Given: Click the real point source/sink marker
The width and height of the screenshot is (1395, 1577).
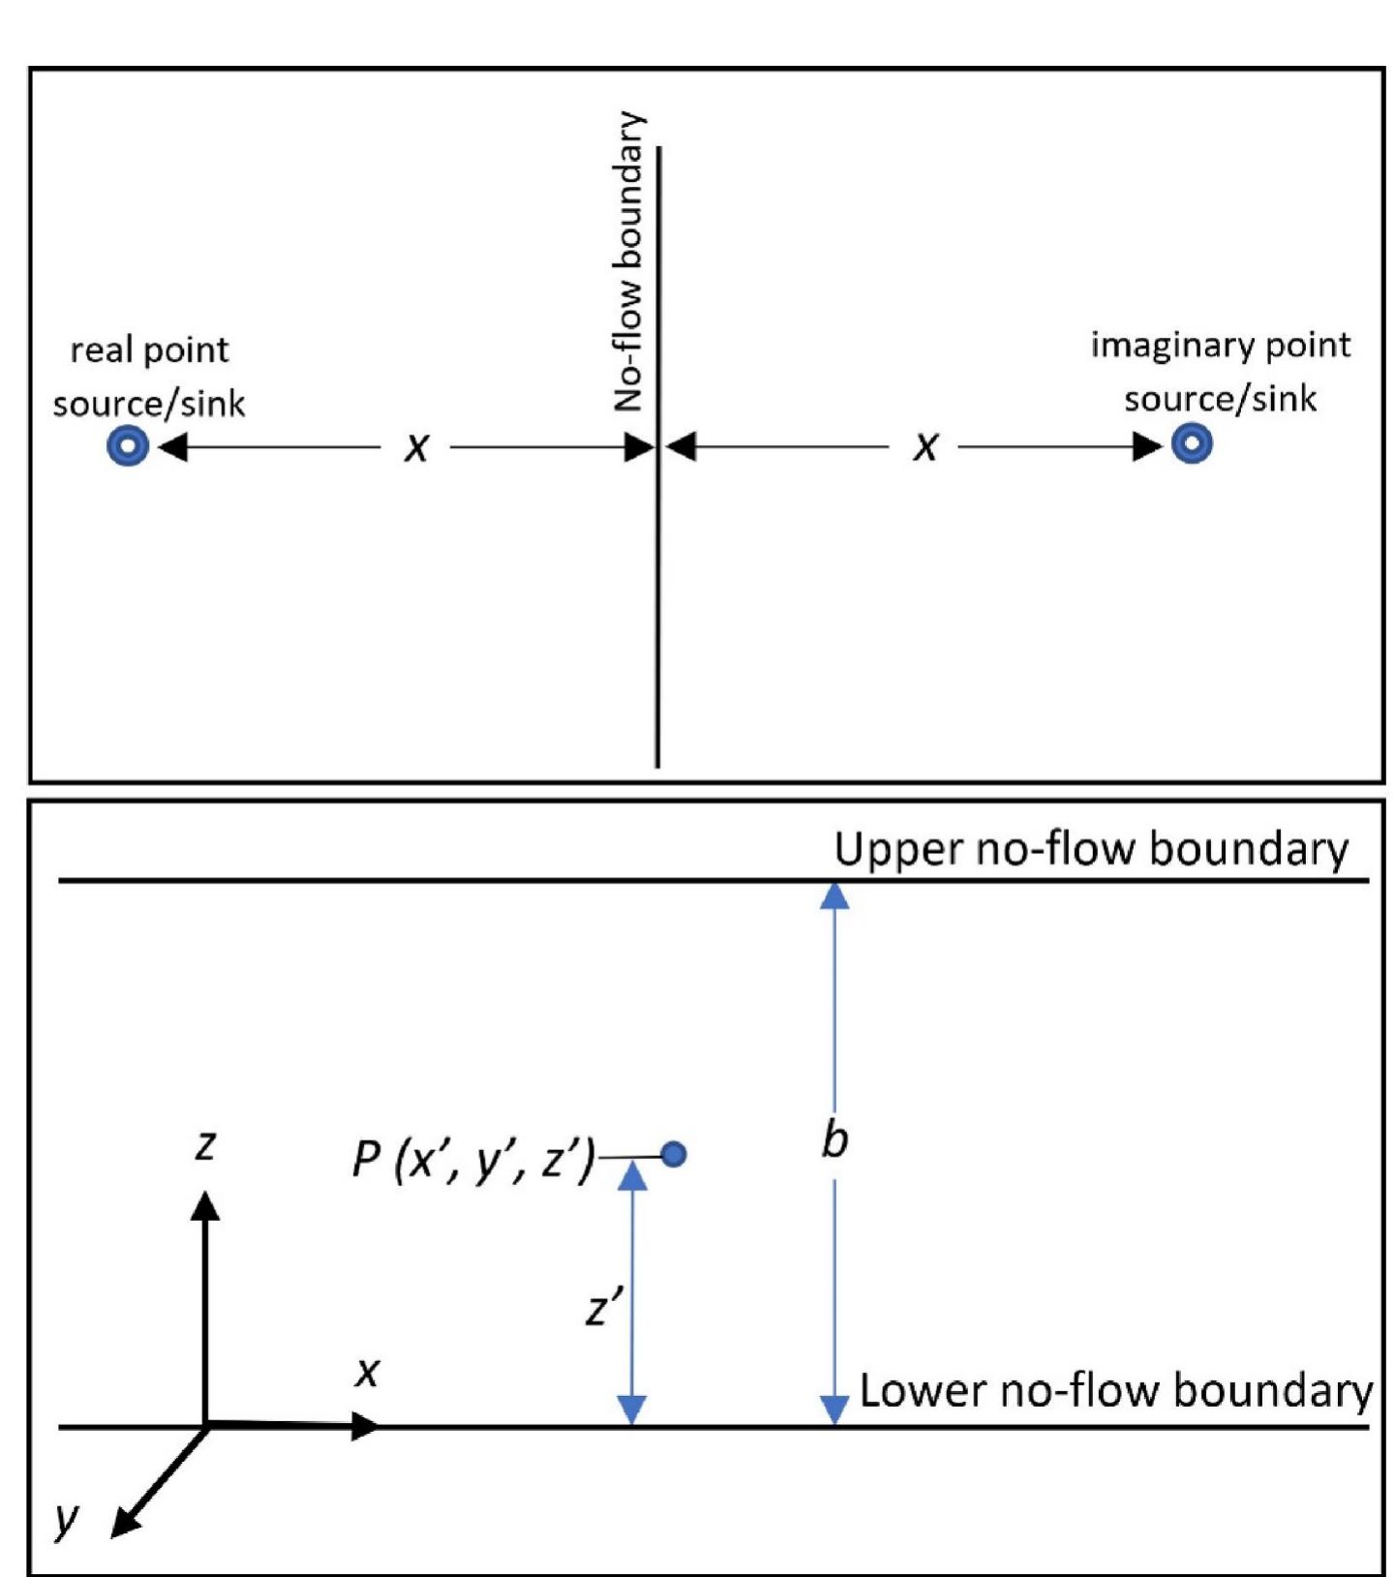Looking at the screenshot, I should pyautogui.click(x=128, y=446).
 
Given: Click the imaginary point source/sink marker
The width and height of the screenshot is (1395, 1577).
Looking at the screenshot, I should pyautogui.click(x=1192, y=444).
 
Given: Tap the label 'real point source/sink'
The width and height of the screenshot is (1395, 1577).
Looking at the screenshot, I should pyautogui.click(x=149, y=377).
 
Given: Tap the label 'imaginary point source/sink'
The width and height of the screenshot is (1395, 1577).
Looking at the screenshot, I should pyautogui.click(x=1220, y=372).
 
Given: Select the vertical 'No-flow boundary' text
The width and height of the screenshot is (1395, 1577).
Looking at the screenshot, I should pyautogui.click(x=629, y=261).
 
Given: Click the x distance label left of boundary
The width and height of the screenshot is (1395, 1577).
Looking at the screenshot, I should pyautogui.click(x=415, y=447).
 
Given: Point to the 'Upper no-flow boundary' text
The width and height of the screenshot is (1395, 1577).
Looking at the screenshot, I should pyautogui.click(x=1091, y=849).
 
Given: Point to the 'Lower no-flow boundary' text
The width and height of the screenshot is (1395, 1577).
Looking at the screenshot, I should pyautogui.click(x=1115, y=1390).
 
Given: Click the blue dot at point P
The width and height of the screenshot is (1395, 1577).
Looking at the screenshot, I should pyautogui.click(x=674, y=1154).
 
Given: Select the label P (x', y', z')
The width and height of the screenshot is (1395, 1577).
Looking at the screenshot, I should pyautogui.click(x=473, y=1158).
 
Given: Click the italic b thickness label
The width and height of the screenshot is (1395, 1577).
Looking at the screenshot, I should pyautogui.click(x=834, y=1140).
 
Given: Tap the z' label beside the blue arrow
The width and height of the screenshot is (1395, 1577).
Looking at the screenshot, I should pyautogui.click(x=604, y=1309).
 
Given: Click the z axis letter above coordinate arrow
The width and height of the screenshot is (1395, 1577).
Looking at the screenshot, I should pyautogui.click(x=205, y=1145).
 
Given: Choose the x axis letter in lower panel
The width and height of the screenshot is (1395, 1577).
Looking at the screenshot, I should pyautogui.click(x=367, y=1371).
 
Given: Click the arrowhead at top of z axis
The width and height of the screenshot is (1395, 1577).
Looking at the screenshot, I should pyautogui.click(x=205, y=1206).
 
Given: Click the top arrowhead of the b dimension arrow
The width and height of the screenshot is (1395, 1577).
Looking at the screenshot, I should pyautogui.click(x=834, y=896).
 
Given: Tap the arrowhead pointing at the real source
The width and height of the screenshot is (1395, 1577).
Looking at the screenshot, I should pyautogui.click(x=171, y=447).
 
